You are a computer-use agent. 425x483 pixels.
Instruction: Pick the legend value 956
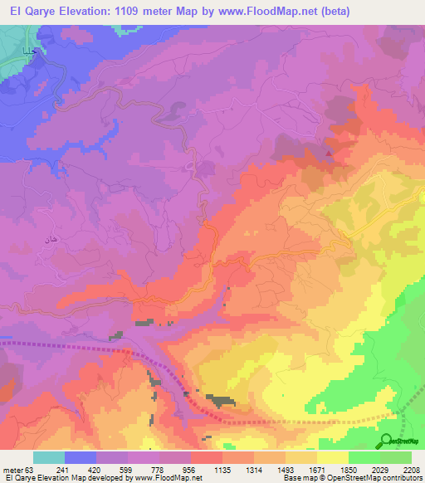click(191, 469)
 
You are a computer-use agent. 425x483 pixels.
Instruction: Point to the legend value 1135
click(222, 469)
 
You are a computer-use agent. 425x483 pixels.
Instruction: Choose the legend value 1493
click(286, 469)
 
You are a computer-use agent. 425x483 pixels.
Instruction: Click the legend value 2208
click(412, 469)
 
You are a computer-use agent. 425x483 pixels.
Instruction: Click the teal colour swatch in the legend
click(49, 457)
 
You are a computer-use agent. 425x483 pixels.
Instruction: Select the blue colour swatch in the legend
click(81, 457)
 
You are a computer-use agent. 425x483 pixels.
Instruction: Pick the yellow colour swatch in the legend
click(333, 457)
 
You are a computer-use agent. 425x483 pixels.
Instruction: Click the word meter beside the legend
click(12, 469)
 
